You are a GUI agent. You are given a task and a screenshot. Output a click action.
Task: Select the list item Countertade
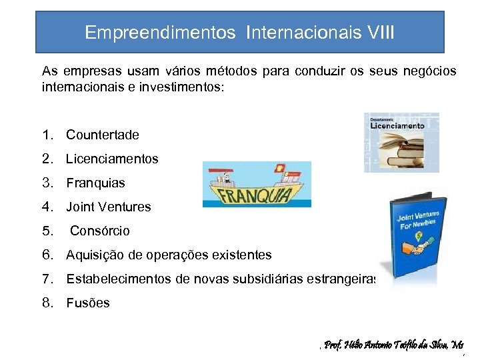pos(103,135)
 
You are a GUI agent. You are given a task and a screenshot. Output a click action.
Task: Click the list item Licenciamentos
pos(112,159)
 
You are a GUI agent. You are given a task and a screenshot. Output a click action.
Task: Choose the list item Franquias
pos(95,183)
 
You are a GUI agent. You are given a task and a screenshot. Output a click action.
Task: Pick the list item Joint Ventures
pos(109,207)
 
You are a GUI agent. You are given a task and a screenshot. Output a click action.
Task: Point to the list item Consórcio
pos(100,231)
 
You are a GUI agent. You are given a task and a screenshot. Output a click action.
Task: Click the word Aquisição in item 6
pos(91,255)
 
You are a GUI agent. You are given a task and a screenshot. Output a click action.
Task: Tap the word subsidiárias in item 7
pos(267,279)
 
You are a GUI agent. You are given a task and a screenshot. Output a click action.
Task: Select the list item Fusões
pos(88,303)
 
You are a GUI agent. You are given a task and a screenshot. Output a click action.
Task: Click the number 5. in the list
pos(47,231)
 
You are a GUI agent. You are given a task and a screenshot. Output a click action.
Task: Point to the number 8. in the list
pos(47,303)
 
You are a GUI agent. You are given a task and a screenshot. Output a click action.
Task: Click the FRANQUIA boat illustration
pos(257,185)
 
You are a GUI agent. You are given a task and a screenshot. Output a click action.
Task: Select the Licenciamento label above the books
pos(397,125)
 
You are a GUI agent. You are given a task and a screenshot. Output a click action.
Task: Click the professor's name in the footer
pos(393,345)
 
